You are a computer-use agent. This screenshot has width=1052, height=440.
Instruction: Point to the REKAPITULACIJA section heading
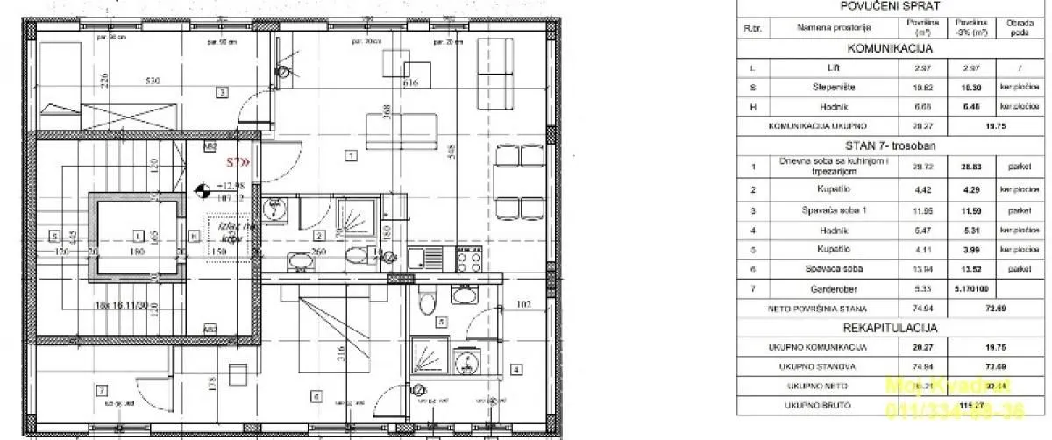click(891, 329)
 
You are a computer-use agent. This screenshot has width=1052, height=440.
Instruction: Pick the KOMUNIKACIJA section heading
click(891, 48)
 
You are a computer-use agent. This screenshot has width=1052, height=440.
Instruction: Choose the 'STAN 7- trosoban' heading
click(891, 145)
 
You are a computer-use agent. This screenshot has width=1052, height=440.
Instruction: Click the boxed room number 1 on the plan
click(351, 156)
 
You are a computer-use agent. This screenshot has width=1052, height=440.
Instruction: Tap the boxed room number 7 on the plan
click(103, 390)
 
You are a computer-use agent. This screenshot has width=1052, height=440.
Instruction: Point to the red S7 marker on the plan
click(238, 161)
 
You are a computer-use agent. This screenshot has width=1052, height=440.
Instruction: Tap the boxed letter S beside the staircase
click(54, 235)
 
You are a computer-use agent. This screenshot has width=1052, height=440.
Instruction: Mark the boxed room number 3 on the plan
click(223, 92)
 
